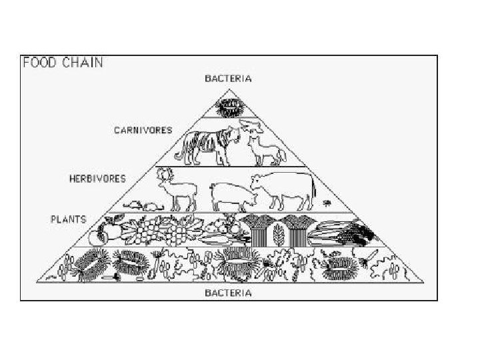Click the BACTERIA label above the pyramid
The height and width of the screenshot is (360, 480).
[x=228, y=79]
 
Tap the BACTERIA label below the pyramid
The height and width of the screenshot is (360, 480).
[x=228, y=293]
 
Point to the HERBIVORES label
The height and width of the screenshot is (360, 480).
[x=98, y=179]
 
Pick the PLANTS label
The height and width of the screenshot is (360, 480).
[x=70, y=218]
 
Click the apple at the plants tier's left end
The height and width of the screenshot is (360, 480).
[x=105, y=233]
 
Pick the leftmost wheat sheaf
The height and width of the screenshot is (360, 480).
[x=257, y=230]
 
